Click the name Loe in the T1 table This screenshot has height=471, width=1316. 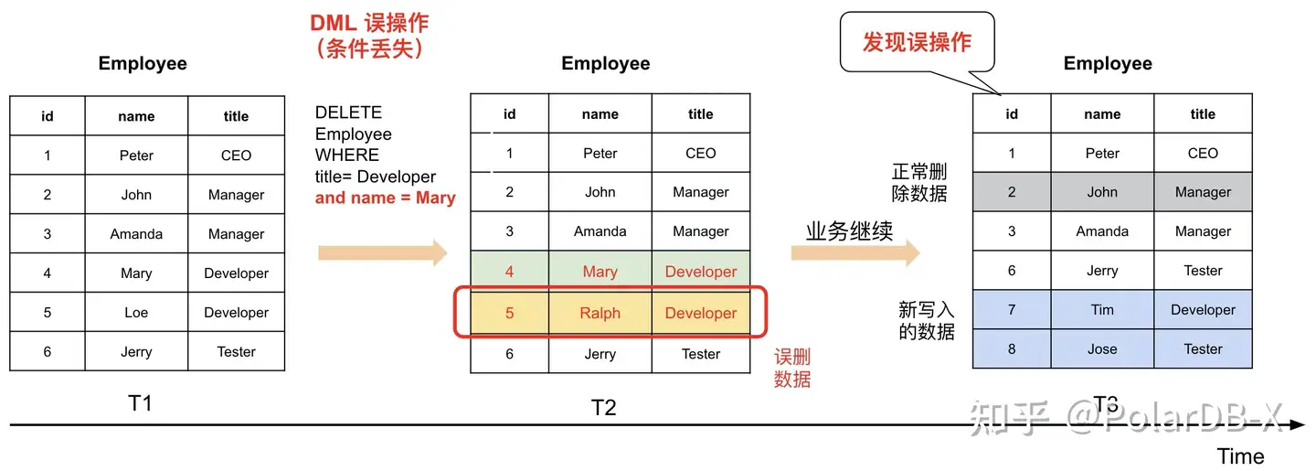(136, 313)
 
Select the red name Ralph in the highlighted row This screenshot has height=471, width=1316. (600, 313)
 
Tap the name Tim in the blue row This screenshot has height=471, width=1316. (1102, 310)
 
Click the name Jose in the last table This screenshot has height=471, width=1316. (1102, 349)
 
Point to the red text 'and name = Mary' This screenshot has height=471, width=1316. (385, 198)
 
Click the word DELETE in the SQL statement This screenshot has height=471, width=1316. (348, 112)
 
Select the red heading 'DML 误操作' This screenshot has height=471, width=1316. (369, 23)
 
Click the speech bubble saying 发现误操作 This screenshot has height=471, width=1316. (917, 42)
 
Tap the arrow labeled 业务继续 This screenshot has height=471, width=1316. (854, 253)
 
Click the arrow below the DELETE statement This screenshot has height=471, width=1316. (382, 253)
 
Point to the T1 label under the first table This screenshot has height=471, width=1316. (139, 403)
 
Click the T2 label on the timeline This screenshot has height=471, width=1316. (603, 407)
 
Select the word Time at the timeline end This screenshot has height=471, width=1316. (1240, 455)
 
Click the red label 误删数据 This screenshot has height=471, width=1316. (791, 369)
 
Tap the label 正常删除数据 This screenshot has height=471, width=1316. (919, 182)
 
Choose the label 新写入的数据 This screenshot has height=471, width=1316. (926, 321)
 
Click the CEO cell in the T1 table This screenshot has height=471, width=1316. (236, 155)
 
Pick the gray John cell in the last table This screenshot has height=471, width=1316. (1102, 192)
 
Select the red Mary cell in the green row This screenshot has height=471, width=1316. (600, 272)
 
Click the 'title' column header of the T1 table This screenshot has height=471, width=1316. (236, 116)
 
